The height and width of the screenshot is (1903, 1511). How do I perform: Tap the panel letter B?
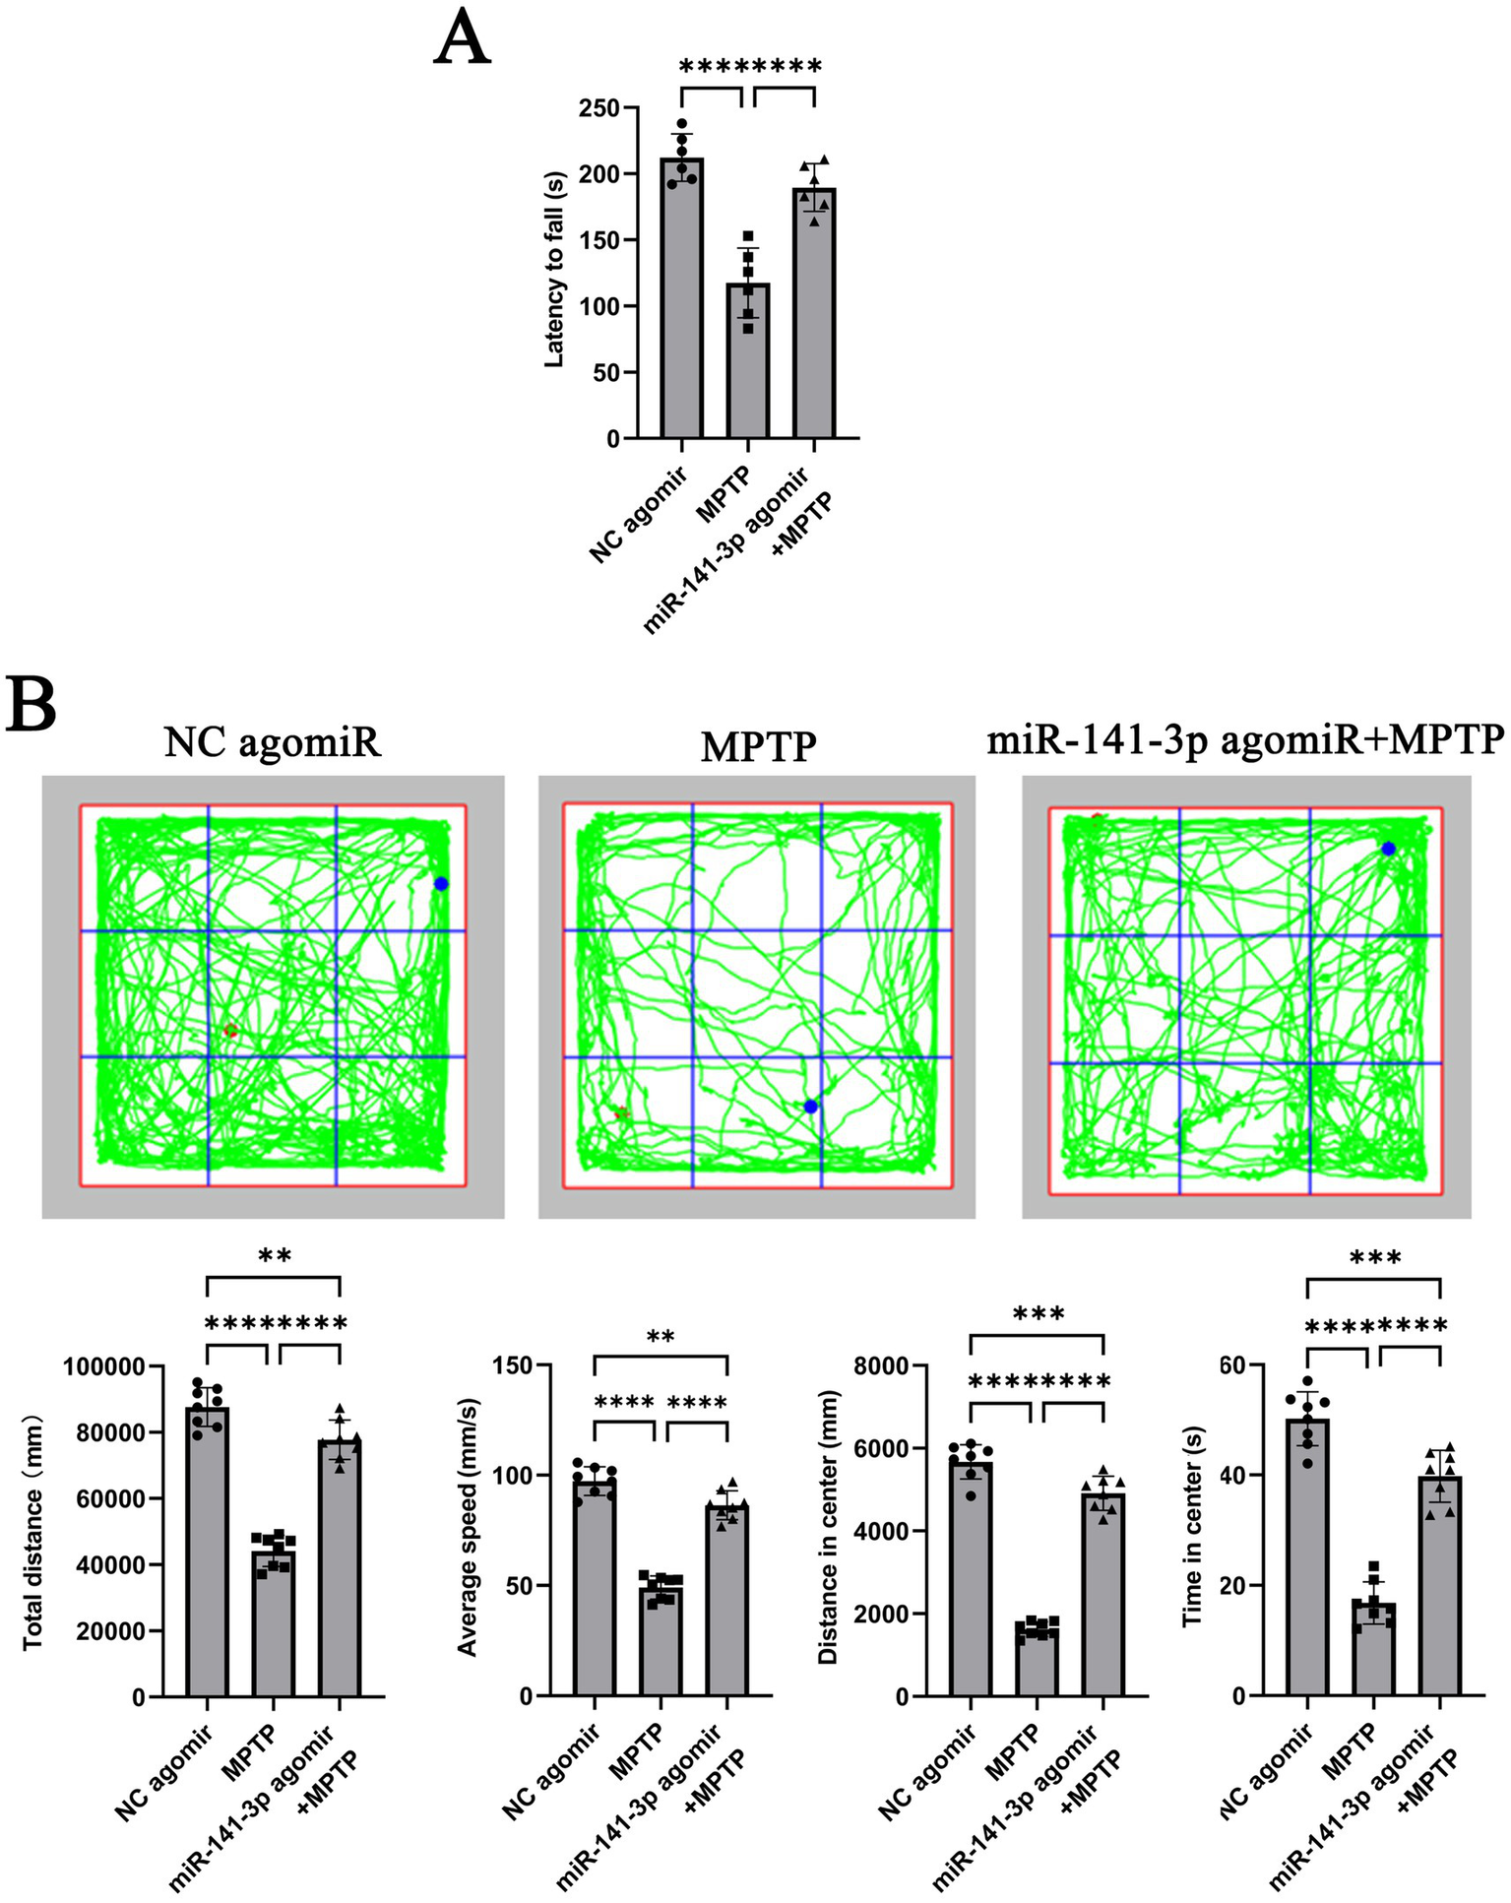pyautogui.click(x=31, y=703)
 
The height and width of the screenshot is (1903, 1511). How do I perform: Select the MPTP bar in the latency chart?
pyautogui.click(x=748, y=364)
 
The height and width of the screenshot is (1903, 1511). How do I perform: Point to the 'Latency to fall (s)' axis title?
pyautogui.click(x=554, y=271)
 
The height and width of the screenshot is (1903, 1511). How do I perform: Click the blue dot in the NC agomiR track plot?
pyautogui.click(x=441, y=884)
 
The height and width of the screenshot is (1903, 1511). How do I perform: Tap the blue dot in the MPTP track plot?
pyautogui.click(x=810, y=1107)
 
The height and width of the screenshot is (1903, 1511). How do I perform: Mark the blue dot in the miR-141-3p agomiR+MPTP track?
pyautogui.click(x=1388, y=849)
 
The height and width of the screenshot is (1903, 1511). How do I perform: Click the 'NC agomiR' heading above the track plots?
pyautogui.click(x=273, y=742)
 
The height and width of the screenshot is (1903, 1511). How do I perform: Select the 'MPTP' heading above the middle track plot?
pyautogui.click(x=758, y=746)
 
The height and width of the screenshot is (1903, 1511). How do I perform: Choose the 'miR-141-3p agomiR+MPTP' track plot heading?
pyautogui.click(x=1245, y=738)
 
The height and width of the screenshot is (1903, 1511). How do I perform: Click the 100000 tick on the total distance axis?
pyautogui.click(x=104, y=1366)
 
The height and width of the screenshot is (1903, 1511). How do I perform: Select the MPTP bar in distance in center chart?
pyautogui.click(x=1038, y=1662)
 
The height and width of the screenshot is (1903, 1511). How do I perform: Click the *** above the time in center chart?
pyautogui.click(x=1375, y=1258)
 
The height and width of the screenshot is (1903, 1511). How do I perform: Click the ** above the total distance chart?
pyautogui.click(x=274, y=1256)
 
